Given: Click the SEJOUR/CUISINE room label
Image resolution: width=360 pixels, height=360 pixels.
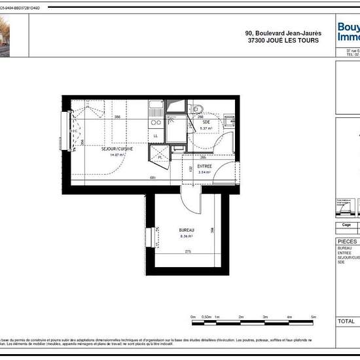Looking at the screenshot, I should click(x=117, y=149).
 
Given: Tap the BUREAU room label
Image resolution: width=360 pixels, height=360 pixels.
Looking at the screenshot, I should click(x=187, y=230).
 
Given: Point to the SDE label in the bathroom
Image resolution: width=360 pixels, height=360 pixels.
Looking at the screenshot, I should click(x=206, y=122).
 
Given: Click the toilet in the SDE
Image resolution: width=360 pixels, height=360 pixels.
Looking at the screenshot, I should click(x=199, y=109).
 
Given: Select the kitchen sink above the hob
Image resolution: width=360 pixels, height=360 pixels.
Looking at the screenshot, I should click(x=155, y=105).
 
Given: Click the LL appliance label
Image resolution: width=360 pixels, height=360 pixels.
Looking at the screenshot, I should click(x=156, y=135).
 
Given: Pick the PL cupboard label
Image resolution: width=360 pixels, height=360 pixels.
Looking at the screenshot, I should click(x=160, y=157).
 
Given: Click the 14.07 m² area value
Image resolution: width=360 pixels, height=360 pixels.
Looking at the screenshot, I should click(x=117, y=155).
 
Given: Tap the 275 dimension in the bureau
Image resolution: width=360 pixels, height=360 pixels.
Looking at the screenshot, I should click(x=188, y=251).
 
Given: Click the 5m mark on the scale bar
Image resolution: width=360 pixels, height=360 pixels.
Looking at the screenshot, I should click(x=314, y=316).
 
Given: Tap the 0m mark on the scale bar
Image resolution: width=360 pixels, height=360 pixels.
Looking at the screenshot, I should click(x=193, y=316).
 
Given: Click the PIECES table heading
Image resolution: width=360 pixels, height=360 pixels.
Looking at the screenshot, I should click(x=347, y=241).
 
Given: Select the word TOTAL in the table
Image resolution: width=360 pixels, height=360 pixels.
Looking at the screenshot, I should click(x=346, y=321).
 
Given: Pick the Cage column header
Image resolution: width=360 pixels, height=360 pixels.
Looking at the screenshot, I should click(x=346, y=224).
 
